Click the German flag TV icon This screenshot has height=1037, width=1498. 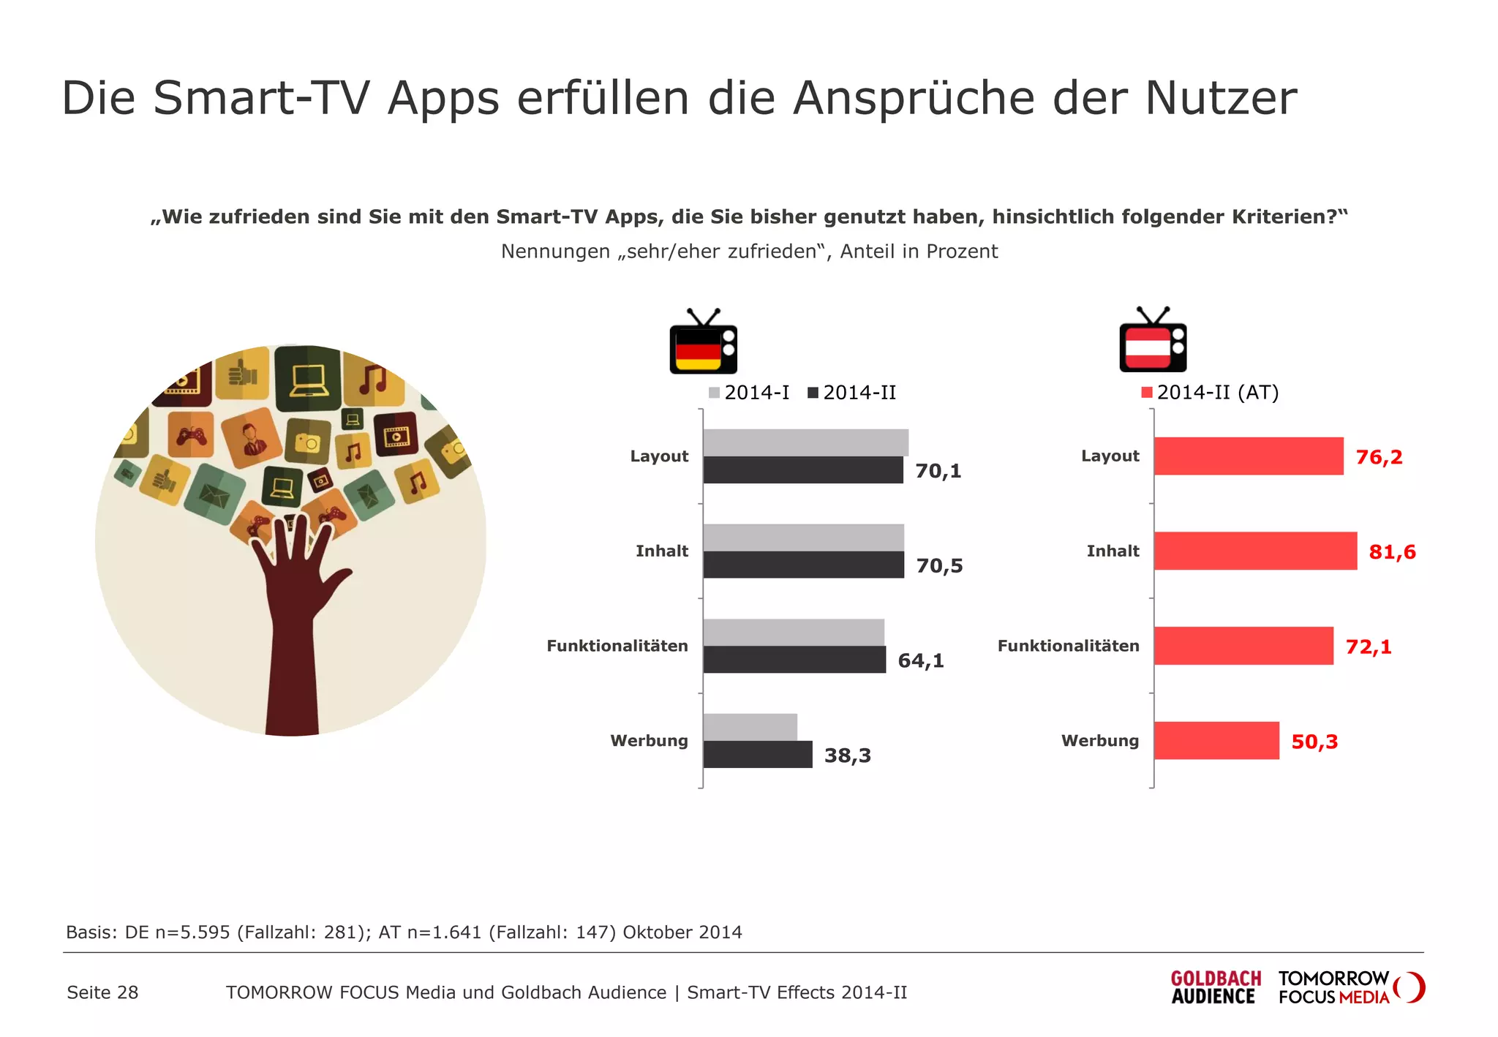click(x=703, y=343)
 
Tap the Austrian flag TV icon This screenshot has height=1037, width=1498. click(x=1153, y=342)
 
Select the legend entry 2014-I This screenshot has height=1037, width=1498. click(x=749, y=393)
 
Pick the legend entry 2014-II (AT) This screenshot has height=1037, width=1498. click(x=1210, y=393)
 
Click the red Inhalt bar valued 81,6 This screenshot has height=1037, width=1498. click(x=1255, y=551)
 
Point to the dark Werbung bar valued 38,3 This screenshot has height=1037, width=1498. click(x=757, y=755)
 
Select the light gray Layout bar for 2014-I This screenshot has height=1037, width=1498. click(x=805, y=442)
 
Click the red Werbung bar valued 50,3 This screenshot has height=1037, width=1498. click(x=1216, y=741)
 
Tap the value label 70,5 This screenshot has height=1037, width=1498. click(x=939, y=566)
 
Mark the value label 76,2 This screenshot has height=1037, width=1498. click(x=1379, y=457)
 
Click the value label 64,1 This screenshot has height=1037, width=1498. click(x=921, y=661)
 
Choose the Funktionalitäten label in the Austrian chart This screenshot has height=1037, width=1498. click(x=1068, y=646)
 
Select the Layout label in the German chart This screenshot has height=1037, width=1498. click(x=659, y=456)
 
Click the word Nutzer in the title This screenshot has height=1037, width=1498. click(x=1221, y=98)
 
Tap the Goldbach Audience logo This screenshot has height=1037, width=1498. click(x=1216, y=987)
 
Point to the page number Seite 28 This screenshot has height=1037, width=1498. click(x=102, y=992)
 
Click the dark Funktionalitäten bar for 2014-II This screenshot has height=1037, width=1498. click(x=794, y=660)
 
